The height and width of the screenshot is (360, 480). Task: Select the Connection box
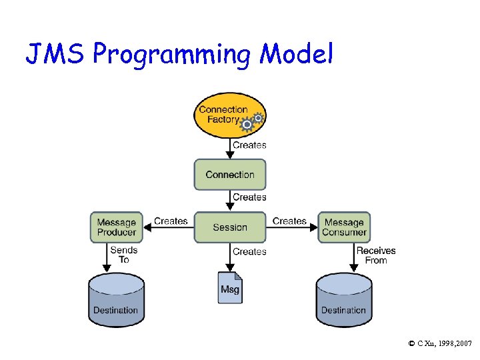pyautogui.click(x=230, y=175)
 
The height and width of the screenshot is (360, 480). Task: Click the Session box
pyautogui.click(x=230, y=227)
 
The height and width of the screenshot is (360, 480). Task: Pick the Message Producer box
pyautogui.click(x=117, y=227)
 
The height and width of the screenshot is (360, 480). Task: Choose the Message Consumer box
pyautogui.click(x=344, y=227)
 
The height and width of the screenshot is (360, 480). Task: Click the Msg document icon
pyautogui.click(x=230, y=287)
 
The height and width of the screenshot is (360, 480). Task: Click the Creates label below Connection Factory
pyautogui.click(x=249, y=145)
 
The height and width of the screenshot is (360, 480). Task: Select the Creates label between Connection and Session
pyautogui.click(x=249, y=197)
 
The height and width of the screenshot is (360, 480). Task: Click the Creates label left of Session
pyautogui.click(x=171, y=221)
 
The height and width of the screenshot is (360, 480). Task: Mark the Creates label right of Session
pyautogui.click(x=289, y=221)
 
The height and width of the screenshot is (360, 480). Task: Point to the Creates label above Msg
pyautogui.click(x=249, y=252)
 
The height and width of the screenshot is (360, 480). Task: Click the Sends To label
pyautogui.click(x=124, y=255)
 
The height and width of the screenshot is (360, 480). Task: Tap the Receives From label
pyautogui.click(x=376, y=255)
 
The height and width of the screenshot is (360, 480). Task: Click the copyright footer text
pyautogui.click(x=440, y=343)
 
